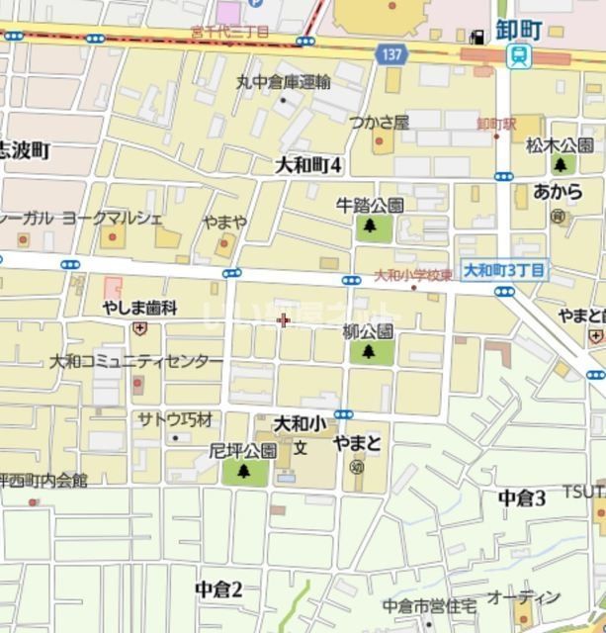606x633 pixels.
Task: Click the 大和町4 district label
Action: pos(307,164)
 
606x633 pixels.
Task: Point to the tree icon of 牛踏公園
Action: pos(370,227)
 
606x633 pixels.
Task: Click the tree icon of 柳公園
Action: pos(369,351)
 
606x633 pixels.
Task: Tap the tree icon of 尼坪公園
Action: pos(243,472)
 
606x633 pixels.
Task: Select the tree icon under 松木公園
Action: pos(563,164)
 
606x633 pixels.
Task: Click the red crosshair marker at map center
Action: pos(284,319)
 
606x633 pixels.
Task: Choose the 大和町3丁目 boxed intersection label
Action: pos(504,269)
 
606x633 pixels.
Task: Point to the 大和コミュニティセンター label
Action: pos(137,362)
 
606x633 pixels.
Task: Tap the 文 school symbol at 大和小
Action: pos(301,447)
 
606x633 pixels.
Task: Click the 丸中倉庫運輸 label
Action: pos(284,82)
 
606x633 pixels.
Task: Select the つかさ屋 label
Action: pos(380,122)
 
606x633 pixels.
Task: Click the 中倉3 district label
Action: pos(522,497)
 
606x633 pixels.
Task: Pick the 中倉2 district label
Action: pos(218,589)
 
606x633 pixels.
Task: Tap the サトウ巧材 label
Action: pos(175,419)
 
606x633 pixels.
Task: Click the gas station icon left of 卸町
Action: pos(478,37)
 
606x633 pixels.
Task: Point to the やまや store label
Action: pos(225,222)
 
